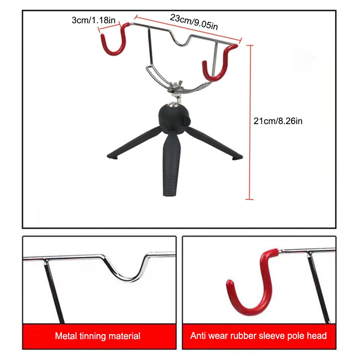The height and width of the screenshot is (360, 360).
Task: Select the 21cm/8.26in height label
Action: coord(278,121)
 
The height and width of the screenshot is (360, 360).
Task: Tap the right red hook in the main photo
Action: coord(219,65)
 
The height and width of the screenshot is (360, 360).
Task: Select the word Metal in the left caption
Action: coord(66,337)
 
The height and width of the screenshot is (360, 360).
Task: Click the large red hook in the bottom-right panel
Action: coord(252,288)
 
